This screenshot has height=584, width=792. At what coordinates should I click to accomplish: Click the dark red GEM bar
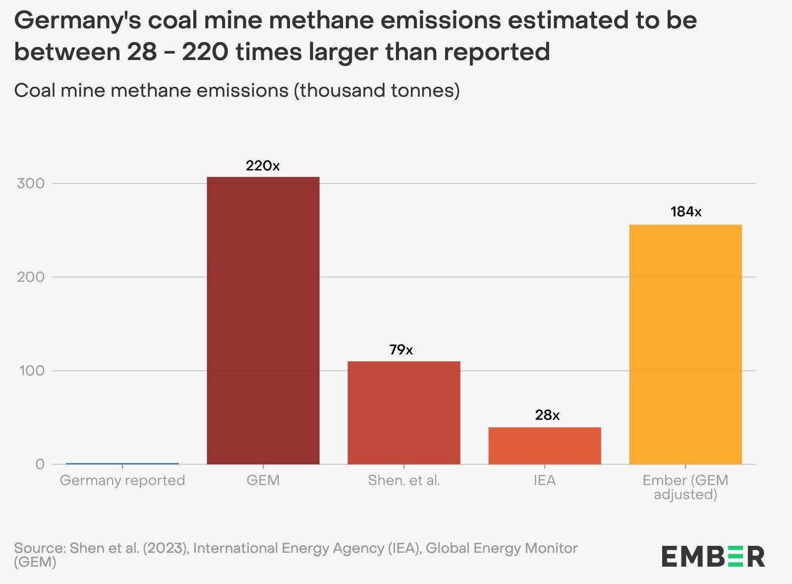click(x=263, y=320)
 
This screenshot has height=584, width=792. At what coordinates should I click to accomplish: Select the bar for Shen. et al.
click(x=403, y=412)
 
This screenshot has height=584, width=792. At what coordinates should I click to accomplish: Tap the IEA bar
click(x=544, y=445)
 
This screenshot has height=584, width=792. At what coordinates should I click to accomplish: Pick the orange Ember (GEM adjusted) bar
click(x=685, y=344)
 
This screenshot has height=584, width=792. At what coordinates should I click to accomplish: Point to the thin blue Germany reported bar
click(x=122, y=464)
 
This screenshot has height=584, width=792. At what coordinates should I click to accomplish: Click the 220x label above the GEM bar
click(x=263, y=166)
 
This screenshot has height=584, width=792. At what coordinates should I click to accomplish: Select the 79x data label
click(x=401, y=350)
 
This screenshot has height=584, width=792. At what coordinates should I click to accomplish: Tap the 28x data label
click(x=547, y=415)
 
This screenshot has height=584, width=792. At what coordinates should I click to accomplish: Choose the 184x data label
click(x=686, y=212)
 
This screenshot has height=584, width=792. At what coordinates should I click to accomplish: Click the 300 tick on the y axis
click(x=31, y=183)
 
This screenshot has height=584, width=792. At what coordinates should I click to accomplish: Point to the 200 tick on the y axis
click(x=31, y=277)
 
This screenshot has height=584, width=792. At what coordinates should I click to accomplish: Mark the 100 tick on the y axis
click(x=32, y=370)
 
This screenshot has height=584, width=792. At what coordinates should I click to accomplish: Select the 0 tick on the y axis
click(x=40, y=464)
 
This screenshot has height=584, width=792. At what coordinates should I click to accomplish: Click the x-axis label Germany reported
click(x=122, y=480)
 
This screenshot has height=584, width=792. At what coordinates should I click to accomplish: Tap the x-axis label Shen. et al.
click(x=403, y=480)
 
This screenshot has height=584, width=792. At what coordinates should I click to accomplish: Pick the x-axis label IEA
click(x=544, y=480)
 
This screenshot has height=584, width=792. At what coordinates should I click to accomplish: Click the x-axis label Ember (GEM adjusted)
click(x=685, y=487)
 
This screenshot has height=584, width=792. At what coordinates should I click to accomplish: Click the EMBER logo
click(x=713, y=556)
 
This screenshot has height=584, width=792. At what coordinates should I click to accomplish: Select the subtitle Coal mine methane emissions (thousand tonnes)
click(x=237, y=90)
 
